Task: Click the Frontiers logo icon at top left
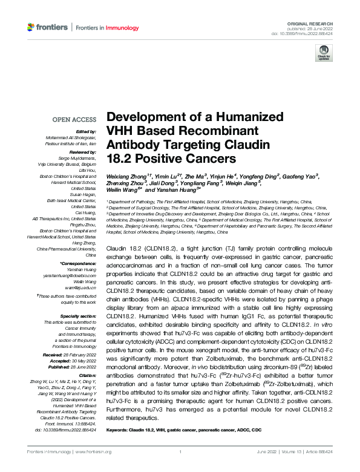click(31, 27)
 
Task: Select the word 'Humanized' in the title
click(249, 117)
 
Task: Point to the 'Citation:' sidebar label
click(87, 375)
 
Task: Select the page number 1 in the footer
click(180, 468)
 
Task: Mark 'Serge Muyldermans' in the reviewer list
click(77, 158)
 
